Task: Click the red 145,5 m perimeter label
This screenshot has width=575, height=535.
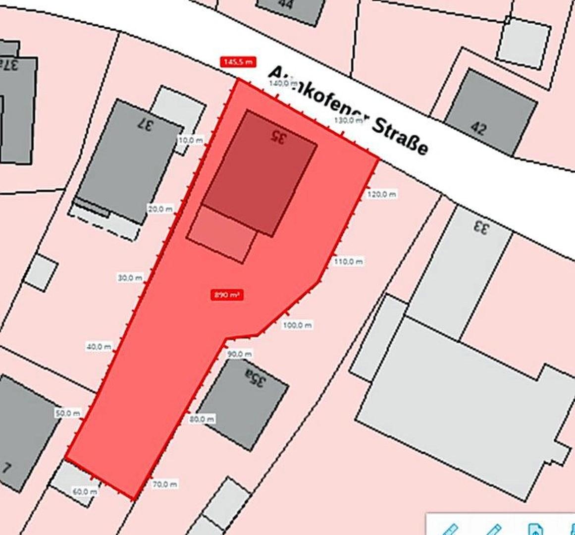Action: pyautogui.click(x=238, y=62)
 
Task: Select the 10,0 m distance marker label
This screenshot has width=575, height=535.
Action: pyautogui.click(x=190, y=140)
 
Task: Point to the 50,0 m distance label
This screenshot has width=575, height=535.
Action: pyautogui.click(x=68, y=413)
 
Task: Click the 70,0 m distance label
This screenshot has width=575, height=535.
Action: pyautogui.click(x=165, y=484)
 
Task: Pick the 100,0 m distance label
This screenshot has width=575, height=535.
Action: pyautogui.click(x=298, y=325)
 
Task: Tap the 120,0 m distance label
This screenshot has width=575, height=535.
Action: pyautogui.click(x=382, y=195)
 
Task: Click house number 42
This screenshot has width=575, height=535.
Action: pyautogui.click(x=478, y=128)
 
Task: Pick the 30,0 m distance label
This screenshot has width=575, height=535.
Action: pyautogui.click(x=130, y=278)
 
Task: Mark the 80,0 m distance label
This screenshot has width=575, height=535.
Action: pyautogui.click(x=202, y=419)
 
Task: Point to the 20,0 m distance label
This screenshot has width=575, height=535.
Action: pyautogui.click(x=160, y=209)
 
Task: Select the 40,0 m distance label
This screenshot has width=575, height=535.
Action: pyautogui.click(x=99, y=347)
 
